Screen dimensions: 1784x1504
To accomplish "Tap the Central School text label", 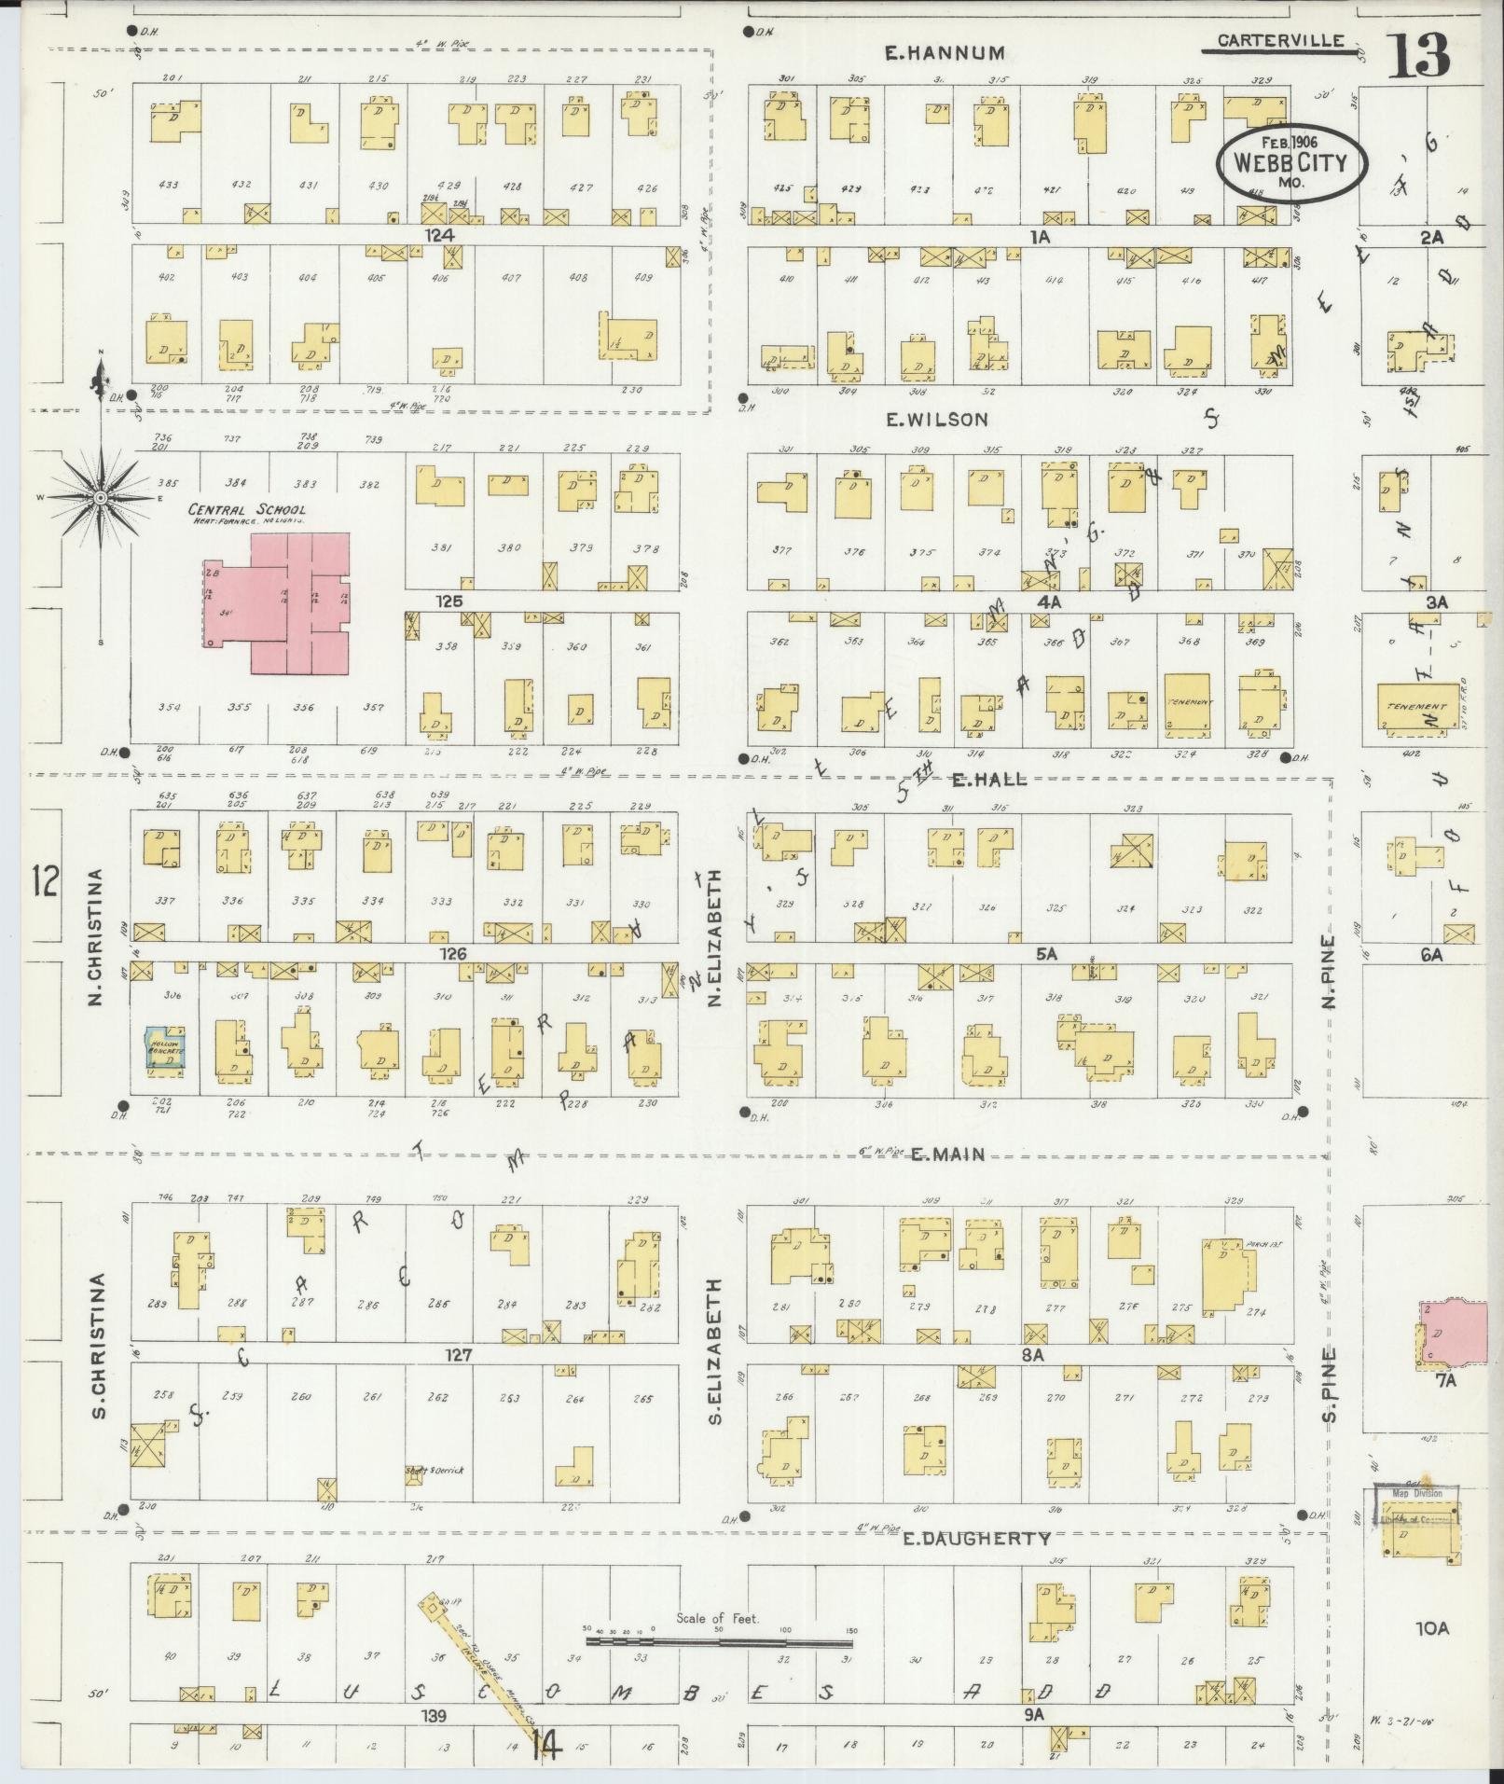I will [x=247, y=510].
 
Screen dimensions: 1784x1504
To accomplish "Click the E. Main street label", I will [x=947, y=1155].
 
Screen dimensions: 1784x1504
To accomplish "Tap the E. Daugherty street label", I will [x=976, y=1539].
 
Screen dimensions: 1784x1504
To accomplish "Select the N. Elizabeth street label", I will [x=716, y=938].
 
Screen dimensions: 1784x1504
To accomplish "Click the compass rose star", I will [x=99, y=498].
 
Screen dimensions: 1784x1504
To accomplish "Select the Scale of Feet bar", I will [x=718, y=1639].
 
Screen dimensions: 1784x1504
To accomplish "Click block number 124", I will [x=439, y=237].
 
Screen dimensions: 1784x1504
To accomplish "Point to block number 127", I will [x=459, y=1354].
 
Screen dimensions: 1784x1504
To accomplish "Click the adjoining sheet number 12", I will [x=44, y=879].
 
